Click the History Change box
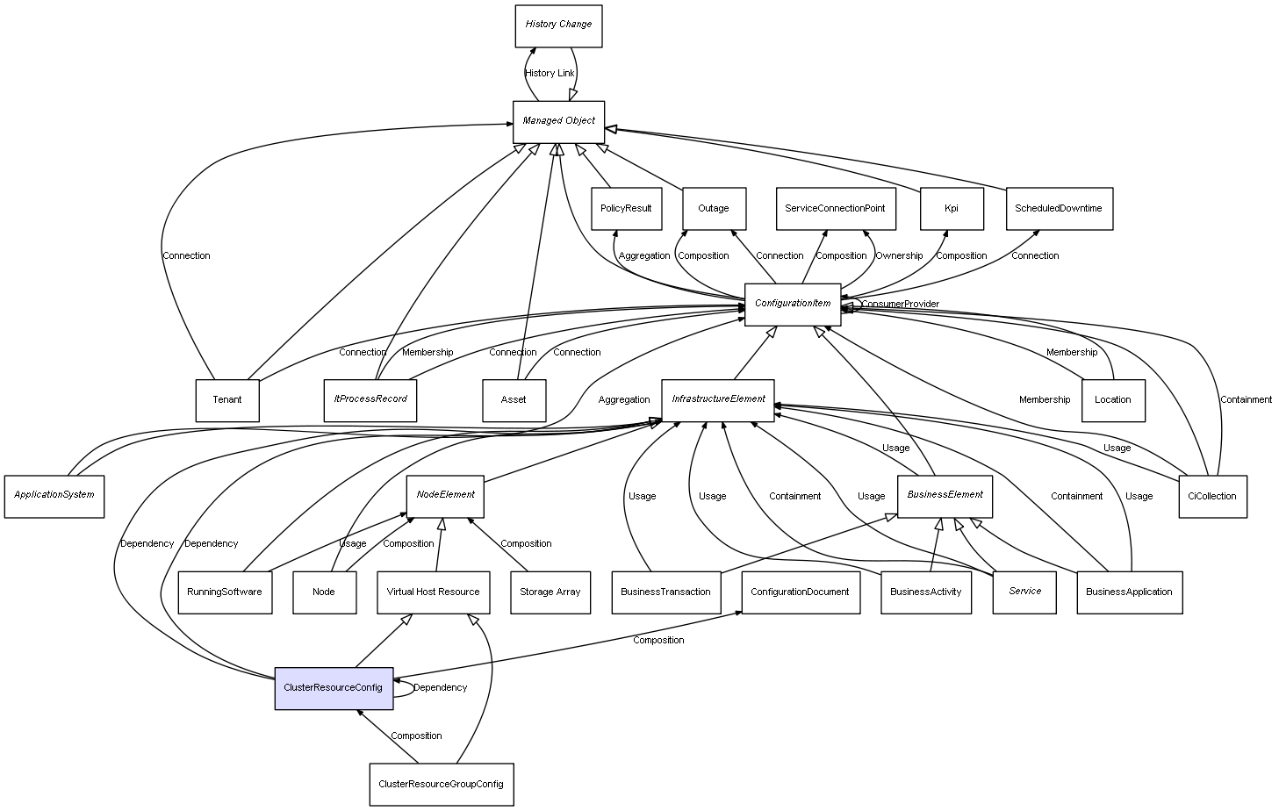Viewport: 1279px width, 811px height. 558,25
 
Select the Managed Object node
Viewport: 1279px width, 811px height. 558,121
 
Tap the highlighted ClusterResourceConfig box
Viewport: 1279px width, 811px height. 333,688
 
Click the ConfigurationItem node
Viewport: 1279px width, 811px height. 792,305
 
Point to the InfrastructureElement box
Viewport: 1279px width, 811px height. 717,400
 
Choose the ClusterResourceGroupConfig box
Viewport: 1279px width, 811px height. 441,784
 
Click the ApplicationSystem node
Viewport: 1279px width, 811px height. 54,496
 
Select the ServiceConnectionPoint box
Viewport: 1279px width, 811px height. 835,209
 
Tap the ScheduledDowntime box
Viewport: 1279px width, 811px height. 1058,209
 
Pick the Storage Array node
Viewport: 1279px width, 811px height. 550,592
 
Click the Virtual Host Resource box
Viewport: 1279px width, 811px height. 433,592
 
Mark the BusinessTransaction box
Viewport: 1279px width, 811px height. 665,592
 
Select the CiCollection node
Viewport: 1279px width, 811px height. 1211,497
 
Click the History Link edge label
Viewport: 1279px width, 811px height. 550,74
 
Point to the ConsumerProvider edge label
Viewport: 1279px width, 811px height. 900,305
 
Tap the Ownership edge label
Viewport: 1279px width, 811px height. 898,256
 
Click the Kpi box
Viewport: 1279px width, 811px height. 952,209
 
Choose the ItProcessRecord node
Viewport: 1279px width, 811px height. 370,400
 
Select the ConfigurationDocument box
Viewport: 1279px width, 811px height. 800,592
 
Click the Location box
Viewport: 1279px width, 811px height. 1112,400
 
